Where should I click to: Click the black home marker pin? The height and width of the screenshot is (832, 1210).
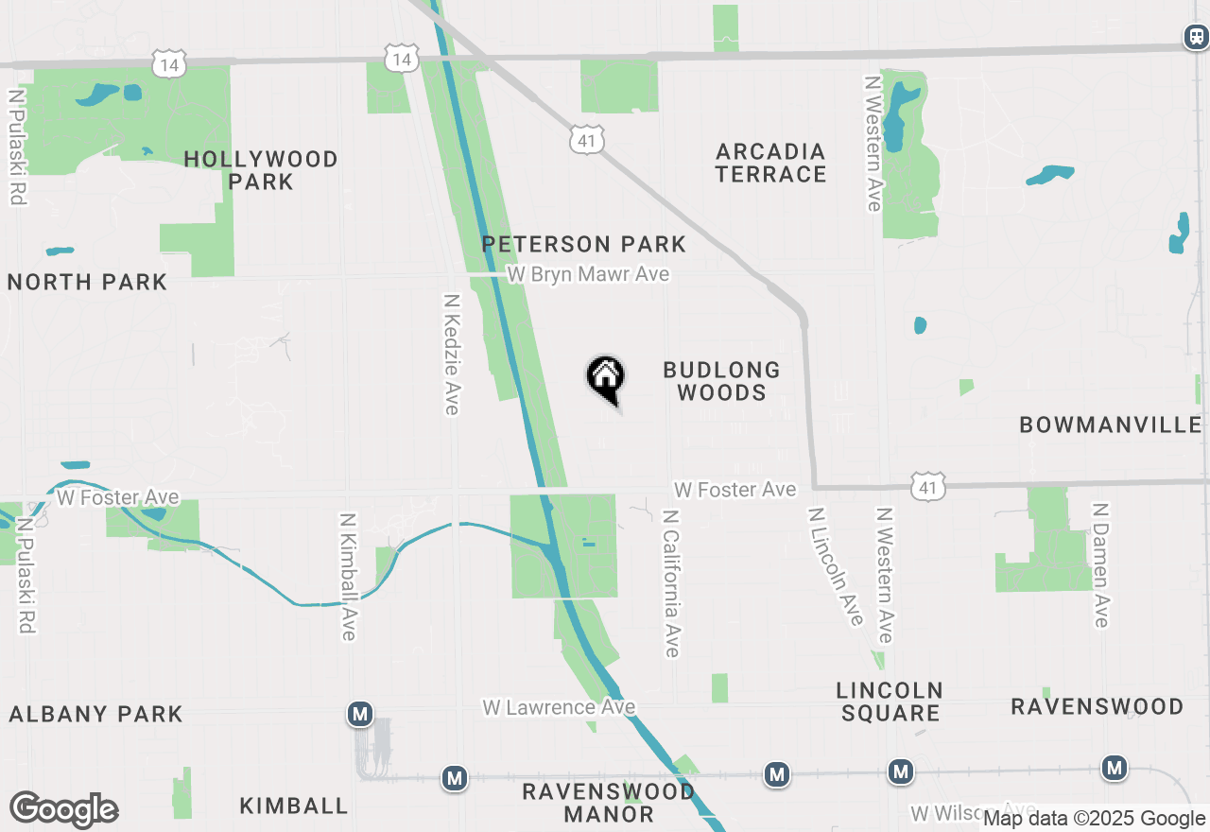pyautogui.click(x=605, y=378)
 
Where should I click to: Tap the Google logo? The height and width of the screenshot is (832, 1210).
pyautogui.click(x=63, y=810)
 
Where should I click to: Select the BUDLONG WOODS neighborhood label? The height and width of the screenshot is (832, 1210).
pyautogui.click(x=721, y=381)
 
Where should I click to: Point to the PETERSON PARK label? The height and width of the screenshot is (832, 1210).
pyautogui.click(x=583, y=244)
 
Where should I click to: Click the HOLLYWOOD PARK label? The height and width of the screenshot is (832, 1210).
pyautogui.click(x=261, y=170)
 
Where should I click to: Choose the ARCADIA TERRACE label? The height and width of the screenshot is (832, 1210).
pyautogui.click(x=770, y=163)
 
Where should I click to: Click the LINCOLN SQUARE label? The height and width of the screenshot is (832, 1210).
pyautogui.click(x=890, y=701)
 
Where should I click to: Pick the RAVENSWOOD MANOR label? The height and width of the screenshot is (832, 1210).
pyautogui.click(x=609, y=802)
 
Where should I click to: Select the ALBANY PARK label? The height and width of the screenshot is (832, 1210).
pyautogui.click(x=95, y=714)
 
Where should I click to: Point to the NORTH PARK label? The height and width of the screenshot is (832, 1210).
pyautogui.click(x=87, y=282)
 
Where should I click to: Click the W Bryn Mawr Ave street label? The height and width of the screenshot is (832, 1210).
pyautogui.click(x=588, y=274)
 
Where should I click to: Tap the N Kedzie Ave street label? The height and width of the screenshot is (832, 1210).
pyautogui.click(x=452, y=353)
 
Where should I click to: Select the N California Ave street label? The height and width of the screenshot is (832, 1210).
pyautogui.click(x=671, y=583)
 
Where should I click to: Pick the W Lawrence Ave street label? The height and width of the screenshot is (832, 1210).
pyautogui.click(x=559, y=707)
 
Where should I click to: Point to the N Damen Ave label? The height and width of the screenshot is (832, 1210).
pyautogui.click(x=1099, y=564)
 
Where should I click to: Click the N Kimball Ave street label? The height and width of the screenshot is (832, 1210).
pyautogui.click(x=348, y=577)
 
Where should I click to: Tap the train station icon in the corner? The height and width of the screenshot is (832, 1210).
pyautogui.click(x=1196, y=37)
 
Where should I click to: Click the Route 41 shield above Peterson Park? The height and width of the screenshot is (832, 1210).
pyautogui.click(x=586, y=139)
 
